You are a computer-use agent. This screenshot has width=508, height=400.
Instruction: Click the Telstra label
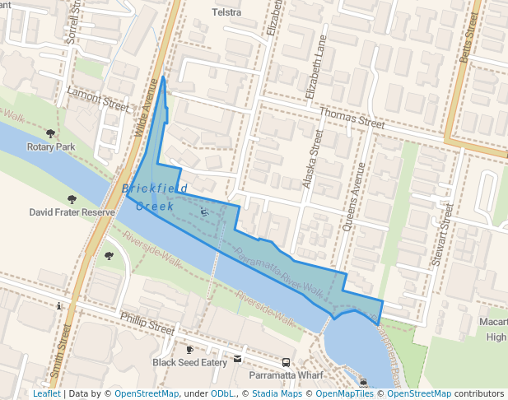tap(226, 12)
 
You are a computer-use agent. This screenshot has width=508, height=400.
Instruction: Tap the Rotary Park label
tap(50, 147)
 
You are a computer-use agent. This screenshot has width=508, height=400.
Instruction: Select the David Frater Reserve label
tap(72, 212)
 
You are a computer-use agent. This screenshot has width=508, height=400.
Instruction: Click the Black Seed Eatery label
tap(189, 362)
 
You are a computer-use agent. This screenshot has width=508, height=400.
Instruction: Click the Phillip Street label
tap(147, 322)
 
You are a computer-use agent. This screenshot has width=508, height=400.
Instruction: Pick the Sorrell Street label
tap(73, 22)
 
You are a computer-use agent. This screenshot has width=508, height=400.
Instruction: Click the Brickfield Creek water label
tap(148, 198)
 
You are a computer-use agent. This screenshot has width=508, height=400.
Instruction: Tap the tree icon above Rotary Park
tap(51, 133)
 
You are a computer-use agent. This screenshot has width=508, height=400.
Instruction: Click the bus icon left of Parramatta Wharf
tap(286, 362)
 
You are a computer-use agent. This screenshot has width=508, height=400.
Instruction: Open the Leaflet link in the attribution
tap(46, 394)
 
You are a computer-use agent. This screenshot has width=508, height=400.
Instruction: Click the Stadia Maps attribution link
tap(277, 394)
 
